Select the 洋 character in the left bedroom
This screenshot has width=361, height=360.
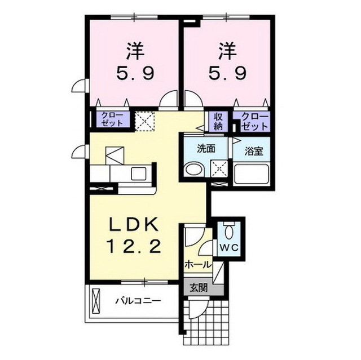coord(134,51)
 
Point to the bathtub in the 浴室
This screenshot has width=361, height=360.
coord(251,174)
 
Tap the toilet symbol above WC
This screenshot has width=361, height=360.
coord(228,231)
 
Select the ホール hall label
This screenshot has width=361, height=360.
coord(197,264)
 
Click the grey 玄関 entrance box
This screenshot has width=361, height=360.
coord(198,287)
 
